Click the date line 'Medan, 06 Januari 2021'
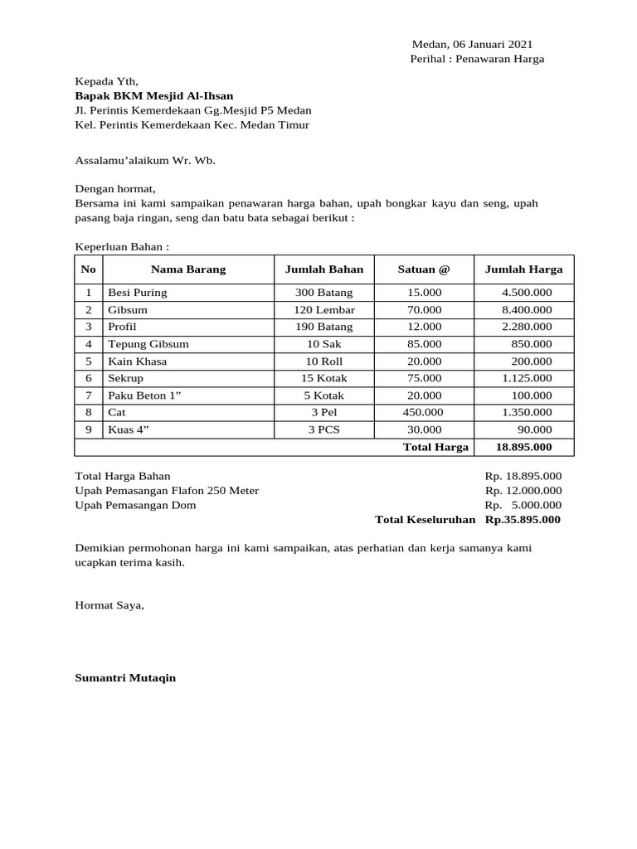point(473,44)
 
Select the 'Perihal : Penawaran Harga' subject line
point(477,59)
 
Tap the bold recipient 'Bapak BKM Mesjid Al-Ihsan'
point(154,95)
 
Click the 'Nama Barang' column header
point(188,269)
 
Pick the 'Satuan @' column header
point(424,269)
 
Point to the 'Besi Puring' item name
point(138,293)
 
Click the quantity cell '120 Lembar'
point(324,310)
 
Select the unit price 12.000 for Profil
point(424,327)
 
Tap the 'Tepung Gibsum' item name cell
point(148,344)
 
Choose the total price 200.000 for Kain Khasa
point(532,361)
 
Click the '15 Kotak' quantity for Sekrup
point(324,378)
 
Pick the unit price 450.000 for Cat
point(423,412)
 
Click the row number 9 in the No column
point(88,429)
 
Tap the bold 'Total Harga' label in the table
point(435,447)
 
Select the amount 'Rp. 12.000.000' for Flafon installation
point(523,490)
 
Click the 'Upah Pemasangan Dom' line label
point(136,505)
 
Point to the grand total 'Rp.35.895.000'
point(523,520)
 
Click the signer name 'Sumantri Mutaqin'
point(125,677)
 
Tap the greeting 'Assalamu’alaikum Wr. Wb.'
point(145,160)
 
